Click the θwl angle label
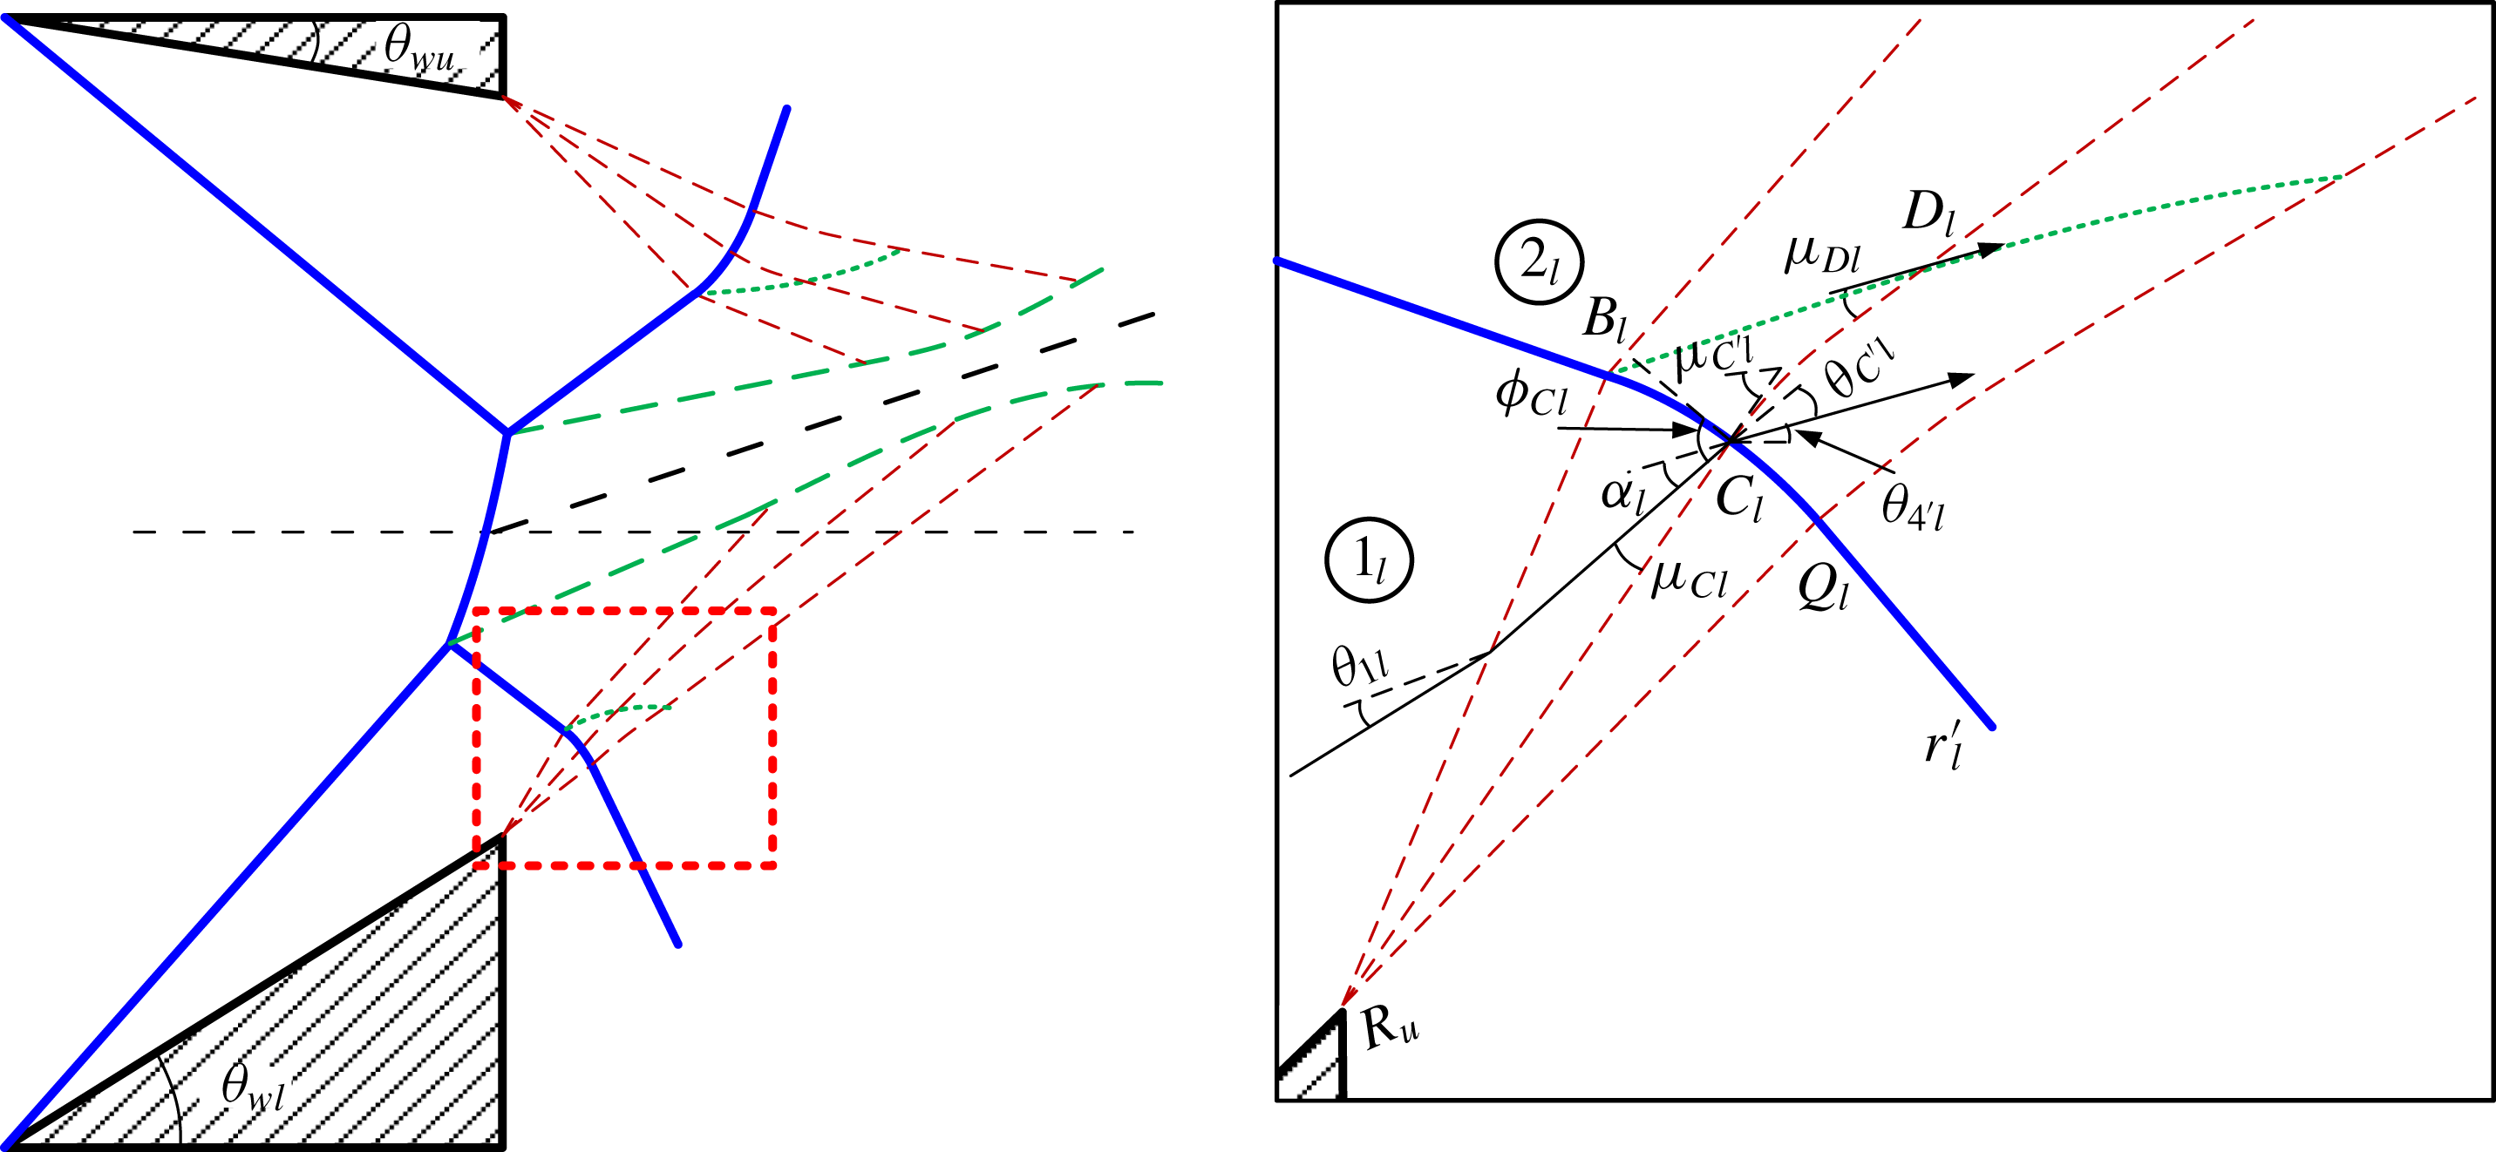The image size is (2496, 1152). (x=253, y=1088)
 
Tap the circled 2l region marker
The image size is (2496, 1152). (x=1539, y=262)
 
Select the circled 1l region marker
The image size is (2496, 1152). (x=1368, y=560)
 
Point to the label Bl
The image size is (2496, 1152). (x=1604, y=319)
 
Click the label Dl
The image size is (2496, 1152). (x=1928, y=213)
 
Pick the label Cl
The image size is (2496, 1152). (x=1740, y=500)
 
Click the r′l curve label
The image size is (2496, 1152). (x=1943, y=747)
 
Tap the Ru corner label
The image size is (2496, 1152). (x=1391, y=1027)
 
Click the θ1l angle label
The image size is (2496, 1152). (x=1359, y=666)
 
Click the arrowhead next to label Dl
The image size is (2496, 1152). (x=1990, y=249)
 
